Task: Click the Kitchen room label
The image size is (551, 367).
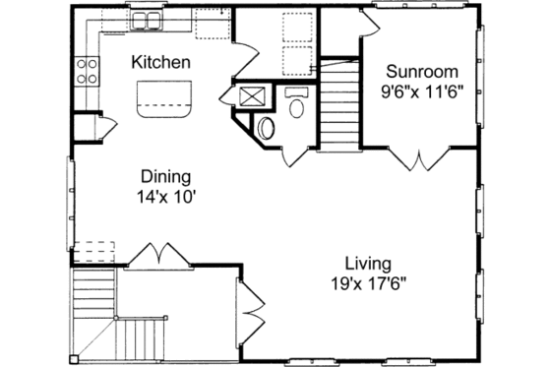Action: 162,62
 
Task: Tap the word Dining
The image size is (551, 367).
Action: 165,177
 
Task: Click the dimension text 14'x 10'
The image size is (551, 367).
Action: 165,196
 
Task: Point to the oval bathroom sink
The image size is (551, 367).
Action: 298,105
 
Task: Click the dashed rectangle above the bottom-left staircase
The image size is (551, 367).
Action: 91,249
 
